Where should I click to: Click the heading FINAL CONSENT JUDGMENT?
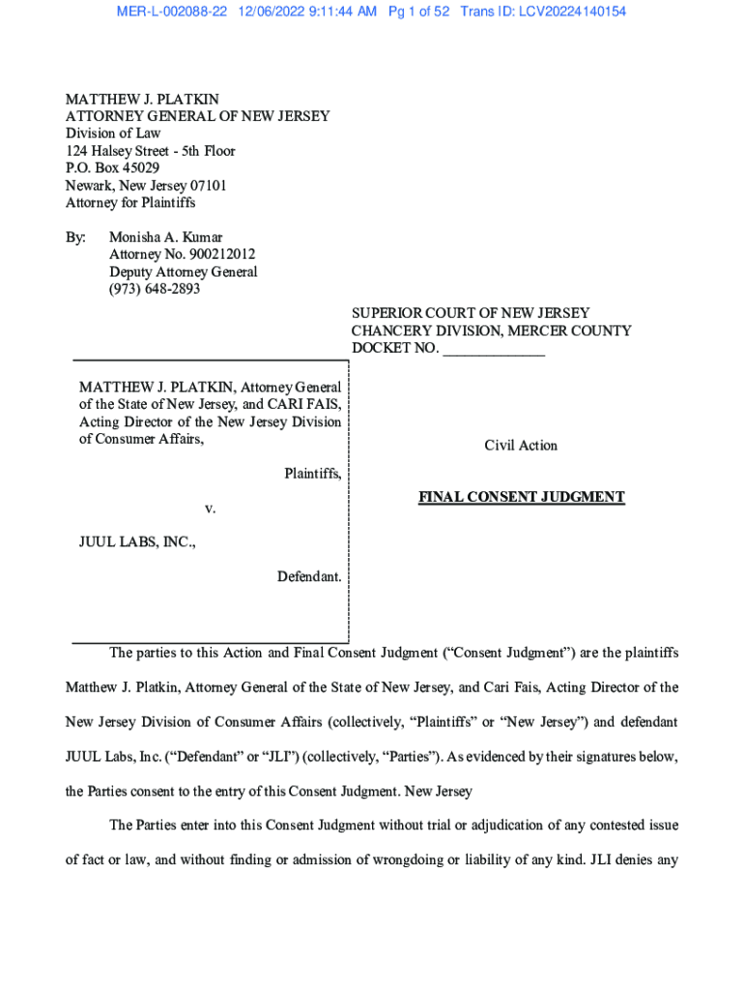(521, 497)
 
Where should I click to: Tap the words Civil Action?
(521, 446)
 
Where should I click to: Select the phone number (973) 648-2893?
(155, 289)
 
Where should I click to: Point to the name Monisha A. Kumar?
(165, 237)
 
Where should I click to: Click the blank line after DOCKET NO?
(494, 348)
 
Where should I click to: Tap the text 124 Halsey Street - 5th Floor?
(150, 151)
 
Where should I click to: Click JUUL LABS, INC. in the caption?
(137, 542)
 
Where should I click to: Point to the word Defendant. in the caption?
(309, 576)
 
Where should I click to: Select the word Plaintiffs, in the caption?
(312, 473)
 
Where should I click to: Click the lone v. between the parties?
(209, 508)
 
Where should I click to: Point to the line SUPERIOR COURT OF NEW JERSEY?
(470, 313)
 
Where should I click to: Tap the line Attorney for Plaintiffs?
(129, 203)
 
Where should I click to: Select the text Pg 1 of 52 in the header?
(419, 12)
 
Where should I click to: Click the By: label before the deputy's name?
(75, 237)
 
